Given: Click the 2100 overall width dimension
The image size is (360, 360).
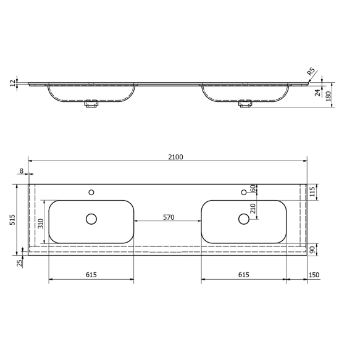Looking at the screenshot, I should pyautogui.click(x=175, y=157).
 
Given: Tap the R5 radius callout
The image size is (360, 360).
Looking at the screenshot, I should pyautogui.click(x=312, y=72).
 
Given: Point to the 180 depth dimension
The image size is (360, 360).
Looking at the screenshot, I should pyautogui.click(x=329, y=96).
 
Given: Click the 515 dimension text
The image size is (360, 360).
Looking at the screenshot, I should pyautogui.click(x=12, y=219).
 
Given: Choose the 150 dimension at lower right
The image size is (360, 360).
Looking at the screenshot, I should pyautogui.click(x=314, y=275).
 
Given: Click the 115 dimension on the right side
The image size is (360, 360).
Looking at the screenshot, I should pyautogui.click(x=313, y=191).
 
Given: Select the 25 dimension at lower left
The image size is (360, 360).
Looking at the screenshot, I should pyautogui.click(x=19, y=263).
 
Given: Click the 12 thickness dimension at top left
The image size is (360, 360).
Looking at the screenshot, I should pyautogui.click(x=12, y=83).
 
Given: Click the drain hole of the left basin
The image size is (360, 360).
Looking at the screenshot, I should pyautogui.click(x=91, y=219).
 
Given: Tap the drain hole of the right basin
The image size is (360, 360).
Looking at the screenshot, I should pyautogui.click(x=243, y=219).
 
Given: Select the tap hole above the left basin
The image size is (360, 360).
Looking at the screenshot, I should pyautogui.click(x=91, y=193).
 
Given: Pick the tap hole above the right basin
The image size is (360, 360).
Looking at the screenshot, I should pyautogui.click(x=243, y=193).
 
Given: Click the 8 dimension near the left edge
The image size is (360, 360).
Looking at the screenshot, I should pyautogui.click(x=22, y=171).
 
